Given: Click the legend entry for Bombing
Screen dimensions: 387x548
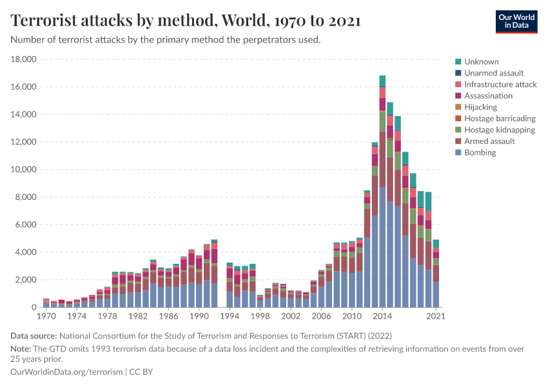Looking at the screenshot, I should [x=480, y=152].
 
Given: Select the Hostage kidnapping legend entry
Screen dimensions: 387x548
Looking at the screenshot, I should [x=499, y=130].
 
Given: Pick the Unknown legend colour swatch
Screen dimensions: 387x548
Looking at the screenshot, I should [x=458, y=62].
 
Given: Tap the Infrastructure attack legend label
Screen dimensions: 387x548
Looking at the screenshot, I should [x=500, y=84].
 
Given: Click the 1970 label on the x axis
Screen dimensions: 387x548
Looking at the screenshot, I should [x=46, y=317].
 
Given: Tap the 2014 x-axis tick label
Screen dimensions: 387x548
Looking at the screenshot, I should [x=382, y=317].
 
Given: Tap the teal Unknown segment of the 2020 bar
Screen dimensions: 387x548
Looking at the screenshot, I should [x=428, y=201].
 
